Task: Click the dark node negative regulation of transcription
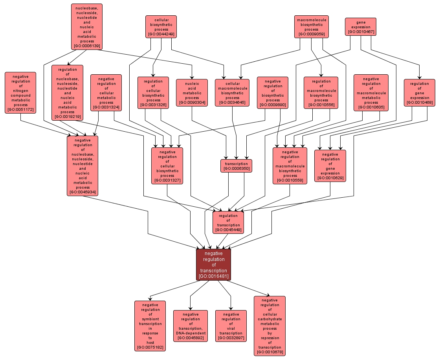tap(213, 264)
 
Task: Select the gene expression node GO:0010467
tap(361, 27)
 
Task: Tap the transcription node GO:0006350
tap(236, 166)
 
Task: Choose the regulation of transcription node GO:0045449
tap(228, 222)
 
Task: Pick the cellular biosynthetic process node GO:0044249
tap(161, 27)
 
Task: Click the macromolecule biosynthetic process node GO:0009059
tap(311, 27)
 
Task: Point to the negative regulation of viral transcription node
tap(231, 326)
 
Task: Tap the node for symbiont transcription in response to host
tap(150, 326)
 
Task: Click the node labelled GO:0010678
tap(269, 326)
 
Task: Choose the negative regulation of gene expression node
tap(330, 166)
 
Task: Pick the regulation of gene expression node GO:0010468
tap(420, 93)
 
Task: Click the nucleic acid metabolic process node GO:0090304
tap(192, 93)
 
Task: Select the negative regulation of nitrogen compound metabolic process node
tap(20, 93)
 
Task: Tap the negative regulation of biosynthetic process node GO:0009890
tap(273, 93)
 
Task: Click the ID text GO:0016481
tap(213, 276)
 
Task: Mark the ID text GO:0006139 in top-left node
tap(87, 46)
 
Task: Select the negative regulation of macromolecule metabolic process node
tap(371, 93)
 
